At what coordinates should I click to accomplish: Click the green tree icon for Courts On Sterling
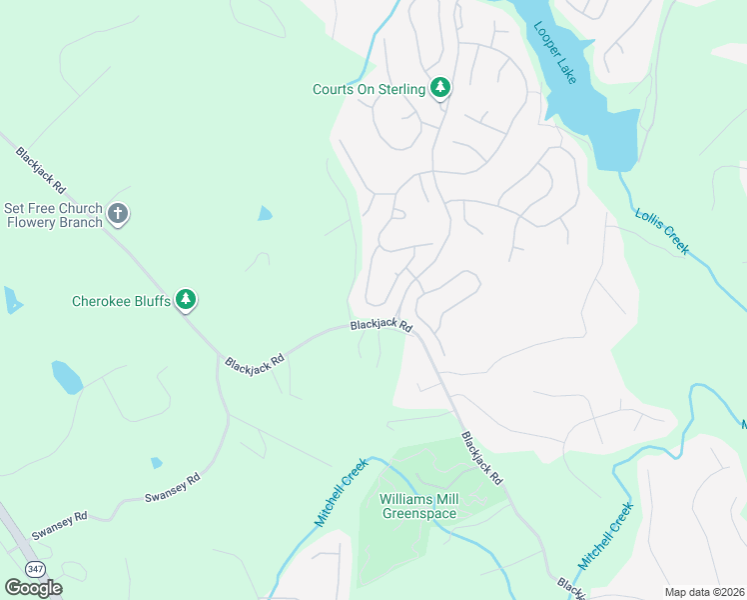(439, 89)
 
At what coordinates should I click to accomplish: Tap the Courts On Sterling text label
(369, 89)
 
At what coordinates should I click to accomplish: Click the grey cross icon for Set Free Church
(118, 214)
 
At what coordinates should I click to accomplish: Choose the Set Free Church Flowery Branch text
(53, 215)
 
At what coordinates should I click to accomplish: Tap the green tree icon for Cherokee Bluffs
(185, 299)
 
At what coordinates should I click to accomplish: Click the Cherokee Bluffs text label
(121, 300)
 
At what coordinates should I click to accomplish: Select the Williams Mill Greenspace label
(418, 506)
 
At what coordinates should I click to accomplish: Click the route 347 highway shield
(36, 568)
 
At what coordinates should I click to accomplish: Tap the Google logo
(33, 588)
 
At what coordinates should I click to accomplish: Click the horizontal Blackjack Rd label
(380, 326)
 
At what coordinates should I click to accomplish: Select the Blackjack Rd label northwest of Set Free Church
(40, 171)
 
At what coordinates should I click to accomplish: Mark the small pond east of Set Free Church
(264, 213)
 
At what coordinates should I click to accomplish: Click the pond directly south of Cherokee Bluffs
(67, 377)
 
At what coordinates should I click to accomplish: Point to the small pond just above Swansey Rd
(156, 463)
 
